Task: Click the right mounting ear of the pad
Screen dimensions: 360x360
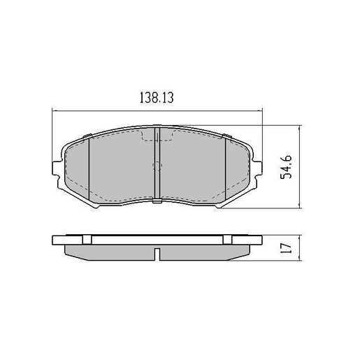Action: (259, 168)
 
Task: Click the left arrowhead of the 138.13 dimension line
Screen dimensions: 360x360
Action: (56, 110)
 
